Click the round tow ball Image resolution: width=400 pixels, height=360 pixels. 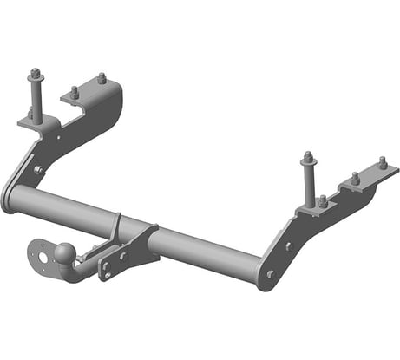coord(66,251)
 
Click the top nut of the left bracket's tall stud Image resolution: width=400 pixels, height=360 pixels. coord(35,73)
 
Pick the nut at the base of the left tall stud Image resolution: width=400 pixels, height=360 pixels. coord(33,113)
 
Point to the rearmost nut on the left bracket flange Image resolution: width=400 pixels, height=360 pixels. coord(102,78)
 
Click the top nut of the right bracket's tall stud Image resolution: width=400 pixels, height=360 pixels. coord(307,158)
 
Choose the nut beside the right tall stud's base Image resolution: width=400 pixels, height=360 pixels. coord(322,200)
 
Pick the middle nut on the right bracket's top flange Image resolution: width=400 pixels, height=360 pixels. coord(354,178)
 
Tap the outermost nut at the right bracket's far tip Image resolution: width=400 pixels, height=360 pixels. coord(383,162)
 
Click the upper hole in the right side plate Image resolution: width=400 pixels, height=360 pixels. coord(289,246)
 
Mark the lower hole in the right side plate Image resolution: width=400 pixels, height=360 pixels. coord(271,274)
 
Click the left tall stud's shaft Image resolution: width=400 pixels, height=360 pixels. coord(36,94)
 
